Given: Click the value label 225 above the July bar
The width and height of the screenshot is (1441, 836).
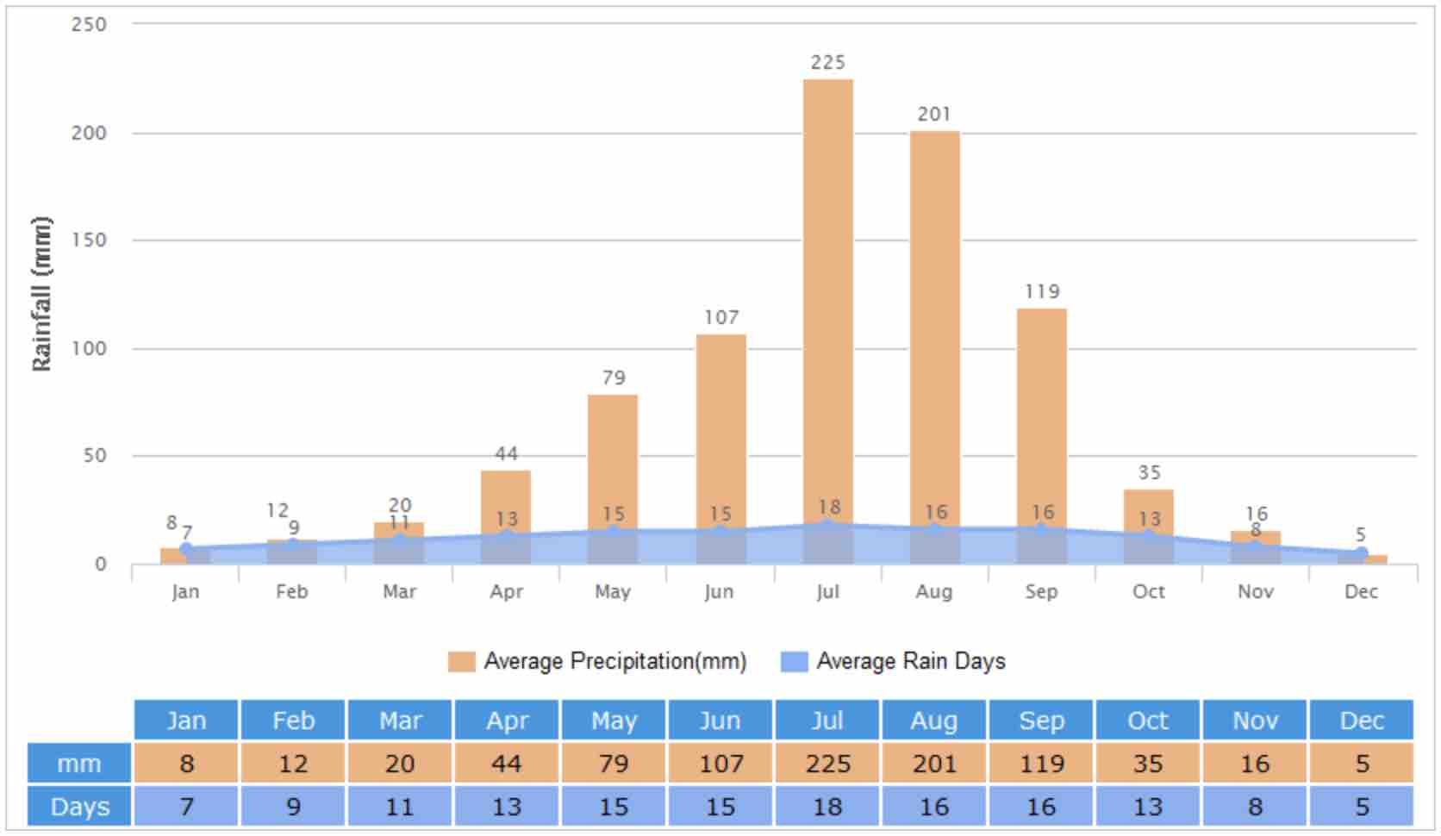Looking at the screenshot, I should [x=827, y=62].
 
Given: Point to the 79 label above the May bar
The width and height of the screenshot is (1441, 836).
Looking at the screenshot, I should [x=614, y=377].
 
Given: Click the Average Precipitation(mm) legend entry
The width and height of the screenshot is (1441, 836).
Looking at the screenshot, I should [x=597, y=661].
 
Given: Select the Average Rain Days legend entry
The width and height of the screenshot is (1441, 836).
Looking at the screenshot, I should [x=894, y=661].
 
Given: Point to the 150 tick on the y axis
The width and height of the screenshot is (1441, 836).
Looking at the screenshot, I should [x=90, y=240].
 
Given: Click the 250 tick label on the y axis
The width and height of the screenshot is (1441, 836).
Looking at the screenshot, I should [x=90, y=24].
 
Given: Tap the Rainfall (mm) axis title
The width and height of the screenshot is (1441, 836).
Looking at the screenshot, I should [x=41, y=293].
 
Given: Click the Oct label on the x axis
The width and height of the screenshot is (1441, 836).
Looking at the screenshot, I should [x=1148, y=591].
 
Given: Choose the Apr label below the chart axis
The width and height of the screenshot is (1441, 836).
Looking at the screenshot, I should [x=507, y=591].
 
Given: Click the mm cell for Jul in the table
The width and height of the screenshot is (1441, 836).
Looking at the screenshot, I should [x=827, y=764].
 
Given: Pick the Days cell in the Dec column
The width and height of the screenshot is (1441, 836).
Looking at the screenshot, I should [x=1362, y=807].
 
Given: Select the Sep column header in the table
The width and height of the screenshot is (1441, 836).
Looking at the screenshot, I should [x=1041, y=721].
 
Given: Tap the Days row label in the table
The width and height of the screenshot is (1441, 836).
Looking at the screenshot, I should [x=79, y=807].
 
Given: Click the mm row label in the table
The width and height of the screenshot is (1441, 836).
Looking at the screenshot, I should [x=79, y=764].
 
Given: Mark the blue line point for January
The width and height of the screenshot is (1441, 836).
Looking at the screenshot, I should [x=186, y=548].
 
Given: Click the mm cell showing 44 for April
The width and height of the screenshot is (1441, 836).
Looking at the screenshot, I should [x=507, y=764].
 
